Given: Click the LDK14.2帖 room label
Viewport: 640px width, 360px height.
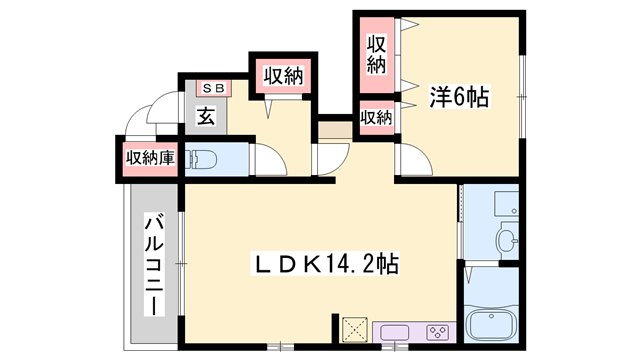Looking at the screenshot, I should (x=324, y=264).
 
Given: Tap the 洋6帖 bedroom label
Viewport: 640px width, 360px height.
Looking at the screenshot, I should (x=459, y=98).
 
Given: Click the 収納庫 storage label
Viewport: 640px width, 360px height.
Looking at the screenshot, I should (x=150, y=159).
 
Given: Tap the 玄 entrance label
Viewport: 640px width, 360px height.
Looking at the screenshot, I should (x=205, y=116).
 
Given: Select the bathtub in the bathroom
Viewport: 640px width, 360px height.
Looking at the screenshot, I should (x=491, y=325).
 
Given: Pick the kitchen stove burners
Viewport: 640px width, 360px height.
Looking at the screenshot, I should (x=437, y=332).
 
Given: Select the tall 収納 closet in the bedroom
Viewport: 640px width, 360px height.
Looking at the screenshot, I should (x=377, y=54).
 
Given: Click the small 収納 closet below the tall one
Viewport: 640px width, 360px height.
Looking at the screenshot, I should (x=376, y=118).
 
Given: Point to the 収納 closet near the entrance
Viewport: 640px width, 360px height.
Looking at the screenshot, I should (x=284, y=75).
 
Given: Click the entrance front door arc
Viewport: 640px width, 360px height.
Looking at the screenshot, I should (x=160, y=108).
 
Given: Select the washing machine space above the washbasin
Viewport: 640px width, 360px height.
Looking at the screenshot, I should (x=494, y=205).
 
